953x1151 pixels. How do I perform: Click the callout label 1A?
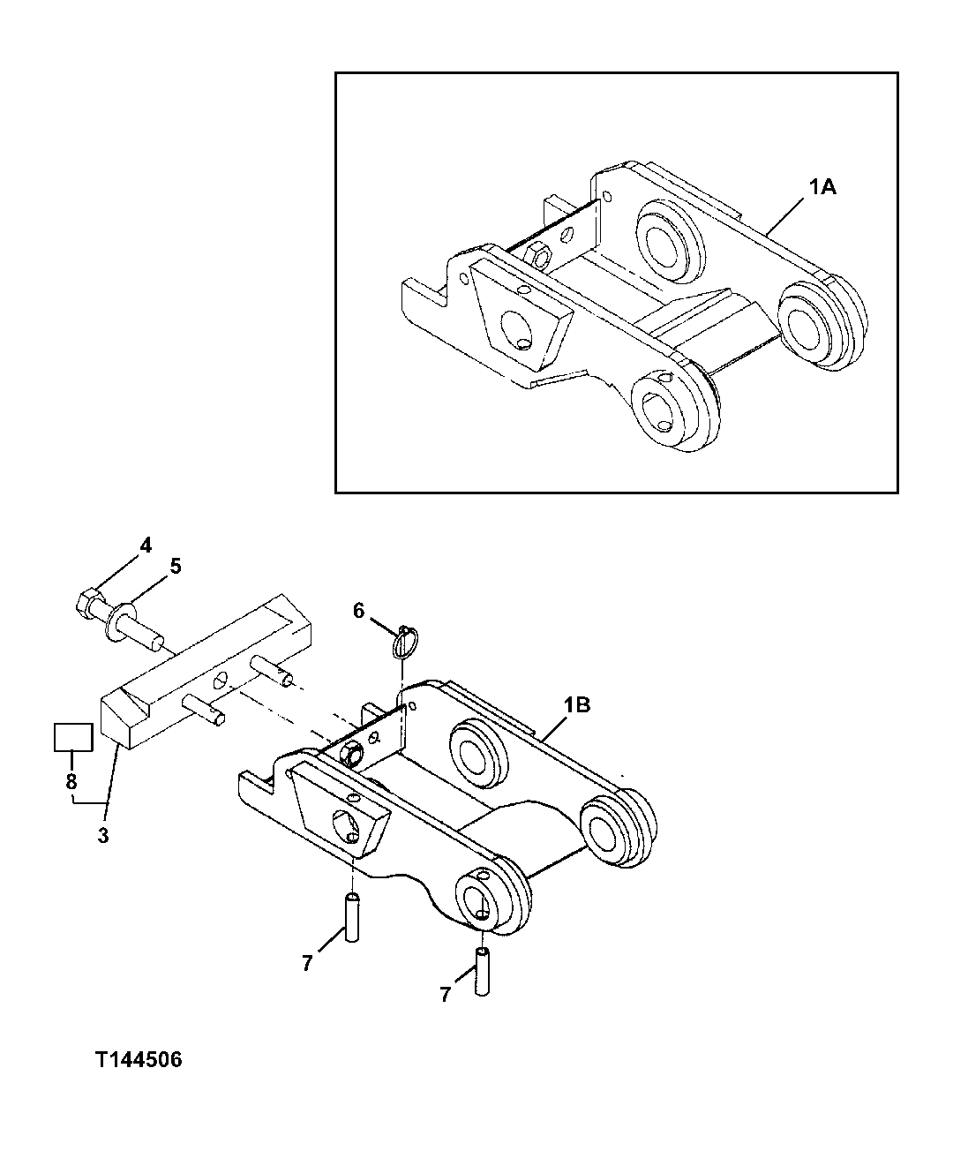(x=822, y=186)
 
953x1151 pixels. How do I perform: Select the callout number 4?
(x=146, y=545)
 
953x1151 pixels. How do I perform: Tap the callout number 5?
(x=176, y=567)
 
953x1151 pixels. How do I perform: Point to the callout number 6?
(x=358, y=610)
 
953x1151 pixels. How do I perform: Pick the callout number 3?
(x=103, y=835)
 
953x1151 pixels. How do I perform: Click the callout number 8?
(x=71, y=781)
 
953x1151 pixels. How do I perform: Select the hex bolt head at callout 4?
(x=90, y=603)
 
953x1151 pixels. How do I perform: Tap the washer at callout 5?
(x=117, y=620)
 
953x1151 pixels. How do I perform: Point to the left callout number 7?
(x=306, y=964)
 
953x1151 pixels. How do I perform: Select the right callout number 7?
(x=445, y=995)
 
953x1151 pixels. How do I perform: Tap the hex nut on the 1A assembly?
(x=539, y=253)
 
